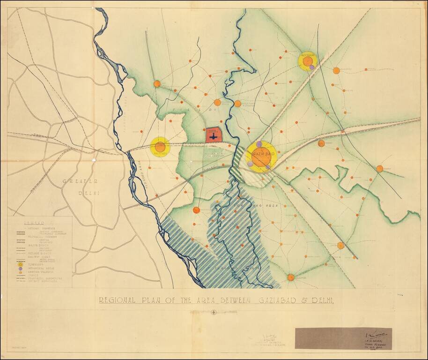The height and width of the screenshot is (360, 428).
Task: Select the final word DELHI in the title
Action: click(322, 300)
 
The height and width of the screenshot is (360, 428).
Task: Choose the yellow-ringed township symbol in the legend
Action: click(20, 264)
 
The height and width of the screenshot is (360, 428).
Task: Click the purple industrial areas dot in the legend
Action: click(20, 269)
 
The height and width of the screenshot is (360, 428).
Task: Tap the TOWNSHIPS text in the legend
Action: click(37, 264)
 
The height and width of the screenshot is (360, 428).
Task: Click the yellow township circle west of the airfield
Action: click(160, 146)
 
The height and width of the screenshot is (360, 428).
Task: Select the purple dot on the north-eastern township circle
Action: click(312, 68)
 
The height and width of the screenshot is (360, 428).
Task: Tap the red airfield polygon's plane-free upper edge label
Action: click(213, 131)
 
